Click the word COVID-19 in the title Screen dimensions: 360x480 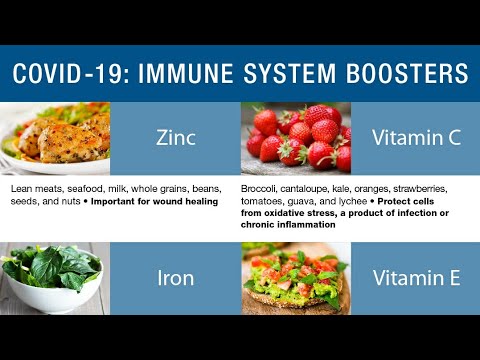[63, 73]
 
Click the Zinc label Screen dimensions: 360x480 [176, 138]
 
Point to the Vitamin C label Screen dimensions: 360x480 [417, 138]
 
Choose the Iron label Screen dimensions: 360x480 [176, 278]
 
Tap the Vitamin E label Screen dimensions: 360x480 [417, 278]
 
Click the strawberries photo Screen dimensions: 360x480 [296, 137]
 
